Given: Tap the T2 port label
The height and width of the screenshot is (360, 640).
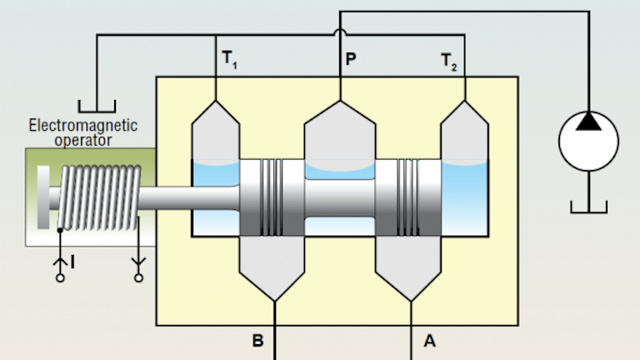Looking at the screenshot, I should (448, 61).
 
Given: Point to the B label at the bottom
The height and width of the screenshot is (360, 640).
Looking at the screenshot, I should (257, 340).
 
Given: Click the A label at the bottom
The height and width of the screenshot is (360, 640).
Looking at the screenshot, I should (429, 340).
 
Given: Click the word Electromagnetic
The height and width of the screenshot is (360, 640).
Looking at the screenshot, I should (83, 127).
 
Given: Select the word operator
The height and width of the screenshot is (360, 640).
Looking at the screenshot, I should (83, 140).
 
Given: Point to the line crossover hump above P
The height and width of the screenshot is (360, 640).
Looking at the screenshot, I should (340, 34).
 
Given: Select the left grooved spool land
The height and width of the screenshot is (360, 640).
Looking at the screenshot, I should (272, 197).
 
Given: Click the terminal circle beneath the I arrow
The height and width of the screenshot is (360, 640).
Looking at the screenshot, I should (59, 278).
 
